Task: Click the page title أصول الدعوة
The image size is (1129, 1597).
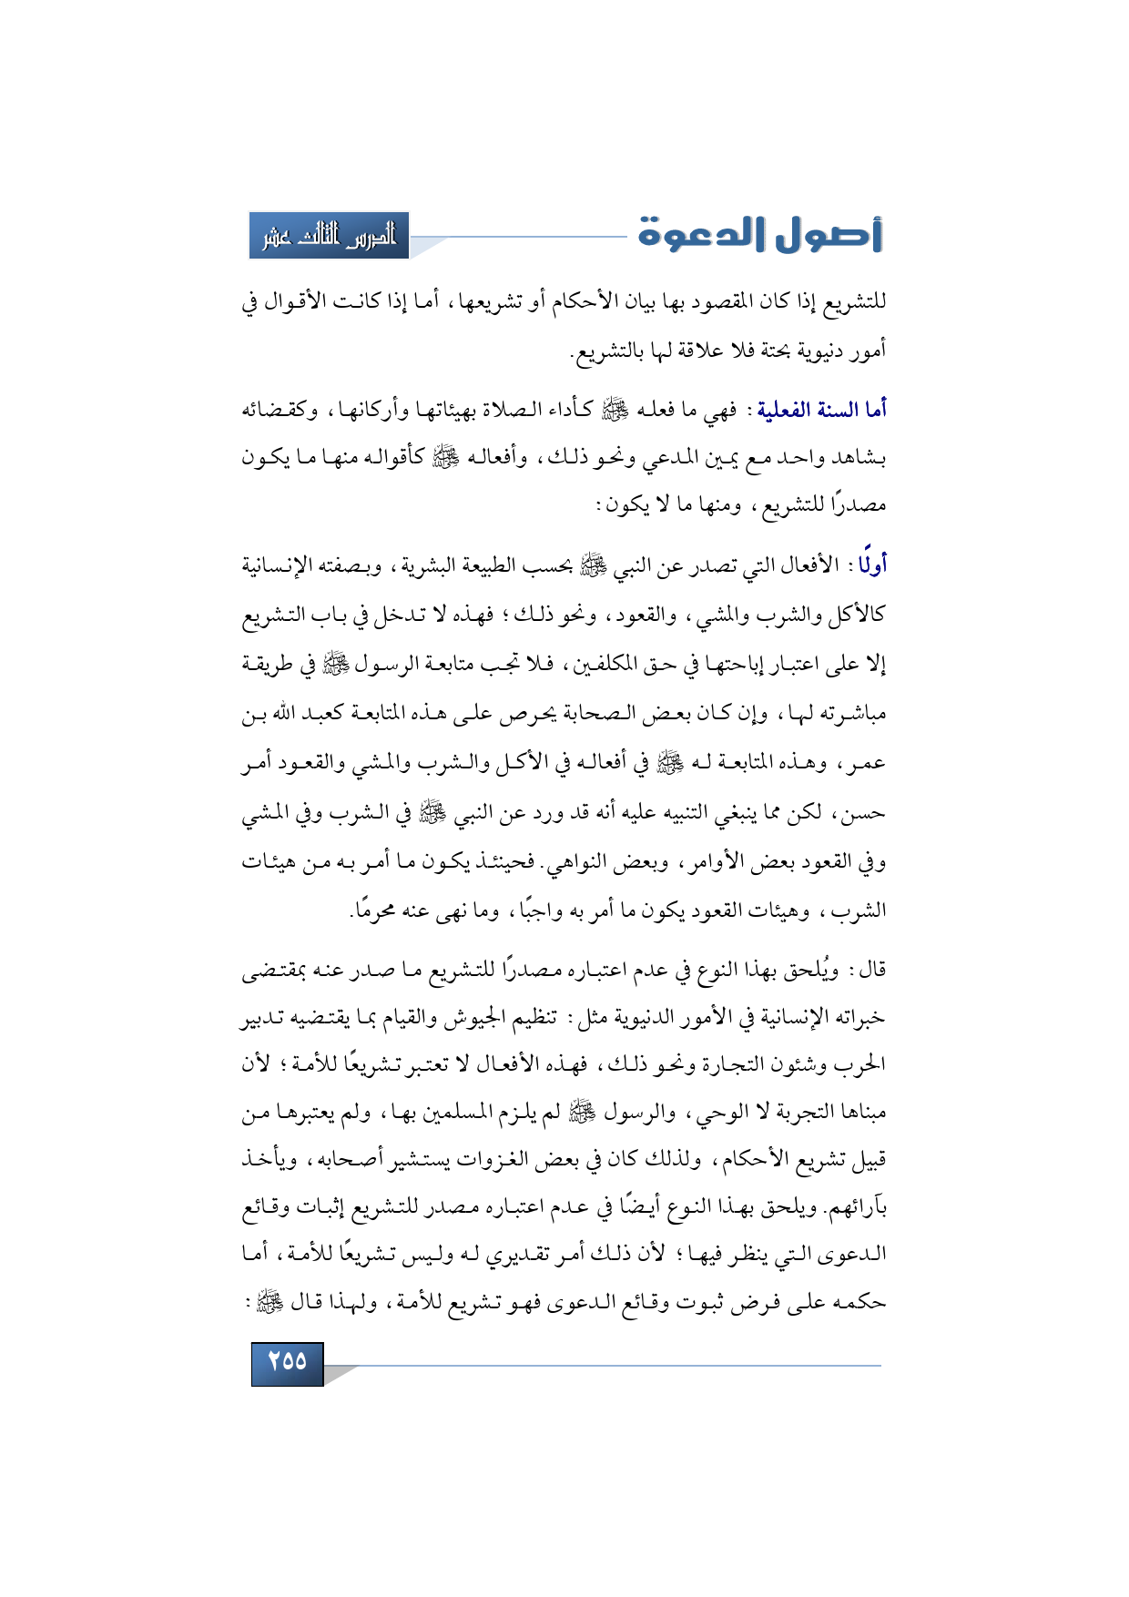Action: click(x=760, y=234)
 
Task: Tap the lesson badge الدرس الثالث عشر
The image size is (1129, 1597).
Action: click(x=330, y=236)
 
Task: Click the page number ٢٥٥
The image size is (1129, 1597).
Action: click(x=287, y=1361)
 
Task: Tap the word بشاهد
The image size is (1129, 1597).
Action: click(x=859, y=458)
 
